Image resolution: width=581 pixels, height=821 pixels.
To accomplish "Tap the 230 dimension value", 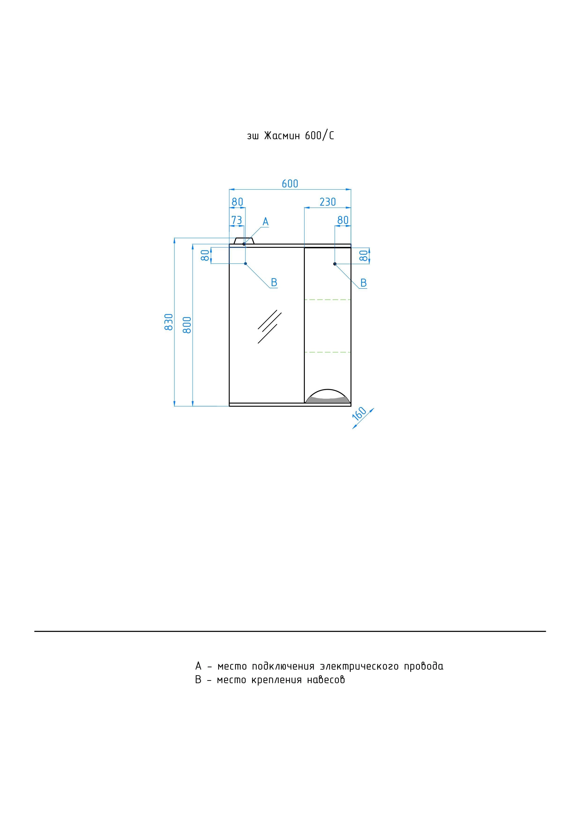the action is tap(328, 202).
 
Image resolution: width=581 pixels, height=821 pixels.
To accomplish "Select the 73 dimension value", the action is tap(237, 220).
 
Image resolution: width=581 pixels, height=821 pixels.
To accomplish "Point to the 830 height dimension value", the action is tap(169, 322).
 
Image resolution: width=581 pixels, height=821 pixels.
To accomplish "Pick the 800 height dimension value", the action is tap(187, 325).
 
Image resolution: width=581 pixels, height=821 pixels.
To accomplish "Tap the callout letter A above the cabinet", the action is tap(266, 222).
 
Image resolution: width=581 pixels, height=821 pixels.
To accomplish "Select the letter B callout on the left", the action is tap(274, 282).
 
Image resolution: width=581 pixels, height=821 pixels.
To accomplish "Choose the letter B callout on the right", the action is tap(363, 283).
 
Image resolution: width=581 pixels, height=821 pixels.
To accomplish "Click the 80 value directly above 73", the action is tap(237, 202).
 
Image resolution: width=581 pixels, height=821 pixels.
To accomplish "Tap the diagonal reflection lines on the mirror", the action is tap(270, 326).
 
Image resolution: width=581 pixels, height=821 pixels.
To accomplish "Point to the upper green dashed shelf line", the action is tap(328, 299).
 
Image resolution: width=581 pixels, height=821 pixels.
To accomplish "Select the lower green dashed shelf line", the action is tap(328, 352).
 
